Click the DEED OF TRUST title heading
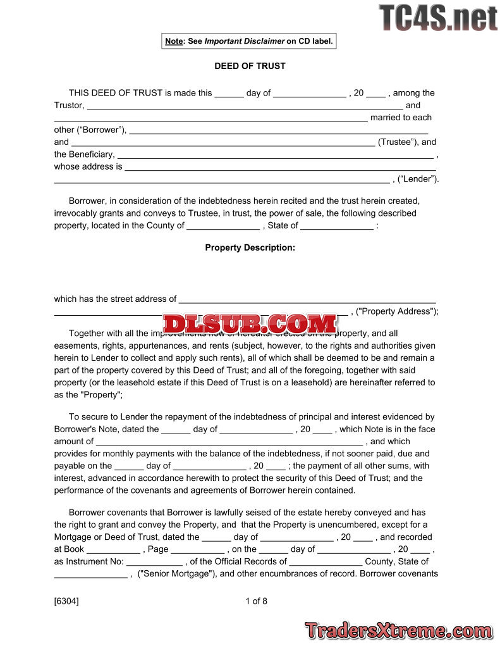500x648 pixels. pos(250,66)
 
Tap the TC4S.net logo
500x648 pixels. pos(438,18)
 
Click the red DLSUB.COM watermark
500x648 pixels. pos(250,324)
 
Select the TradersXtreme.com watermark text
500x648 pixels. pos(398,630)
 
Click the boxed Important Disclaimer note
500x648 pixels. pos(248,41)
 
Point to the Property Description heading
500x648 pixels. pos(250,247)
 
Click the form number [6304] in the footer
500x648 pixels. pos(66,601)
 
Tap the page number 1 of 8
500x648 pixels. pos(256,601)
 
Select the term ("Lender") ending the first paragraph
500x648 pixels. pos(418,179)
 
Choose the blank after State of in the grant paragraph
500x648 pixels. pos(337,227)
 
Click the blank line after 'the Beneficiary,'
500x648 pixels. pos(276,155)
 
